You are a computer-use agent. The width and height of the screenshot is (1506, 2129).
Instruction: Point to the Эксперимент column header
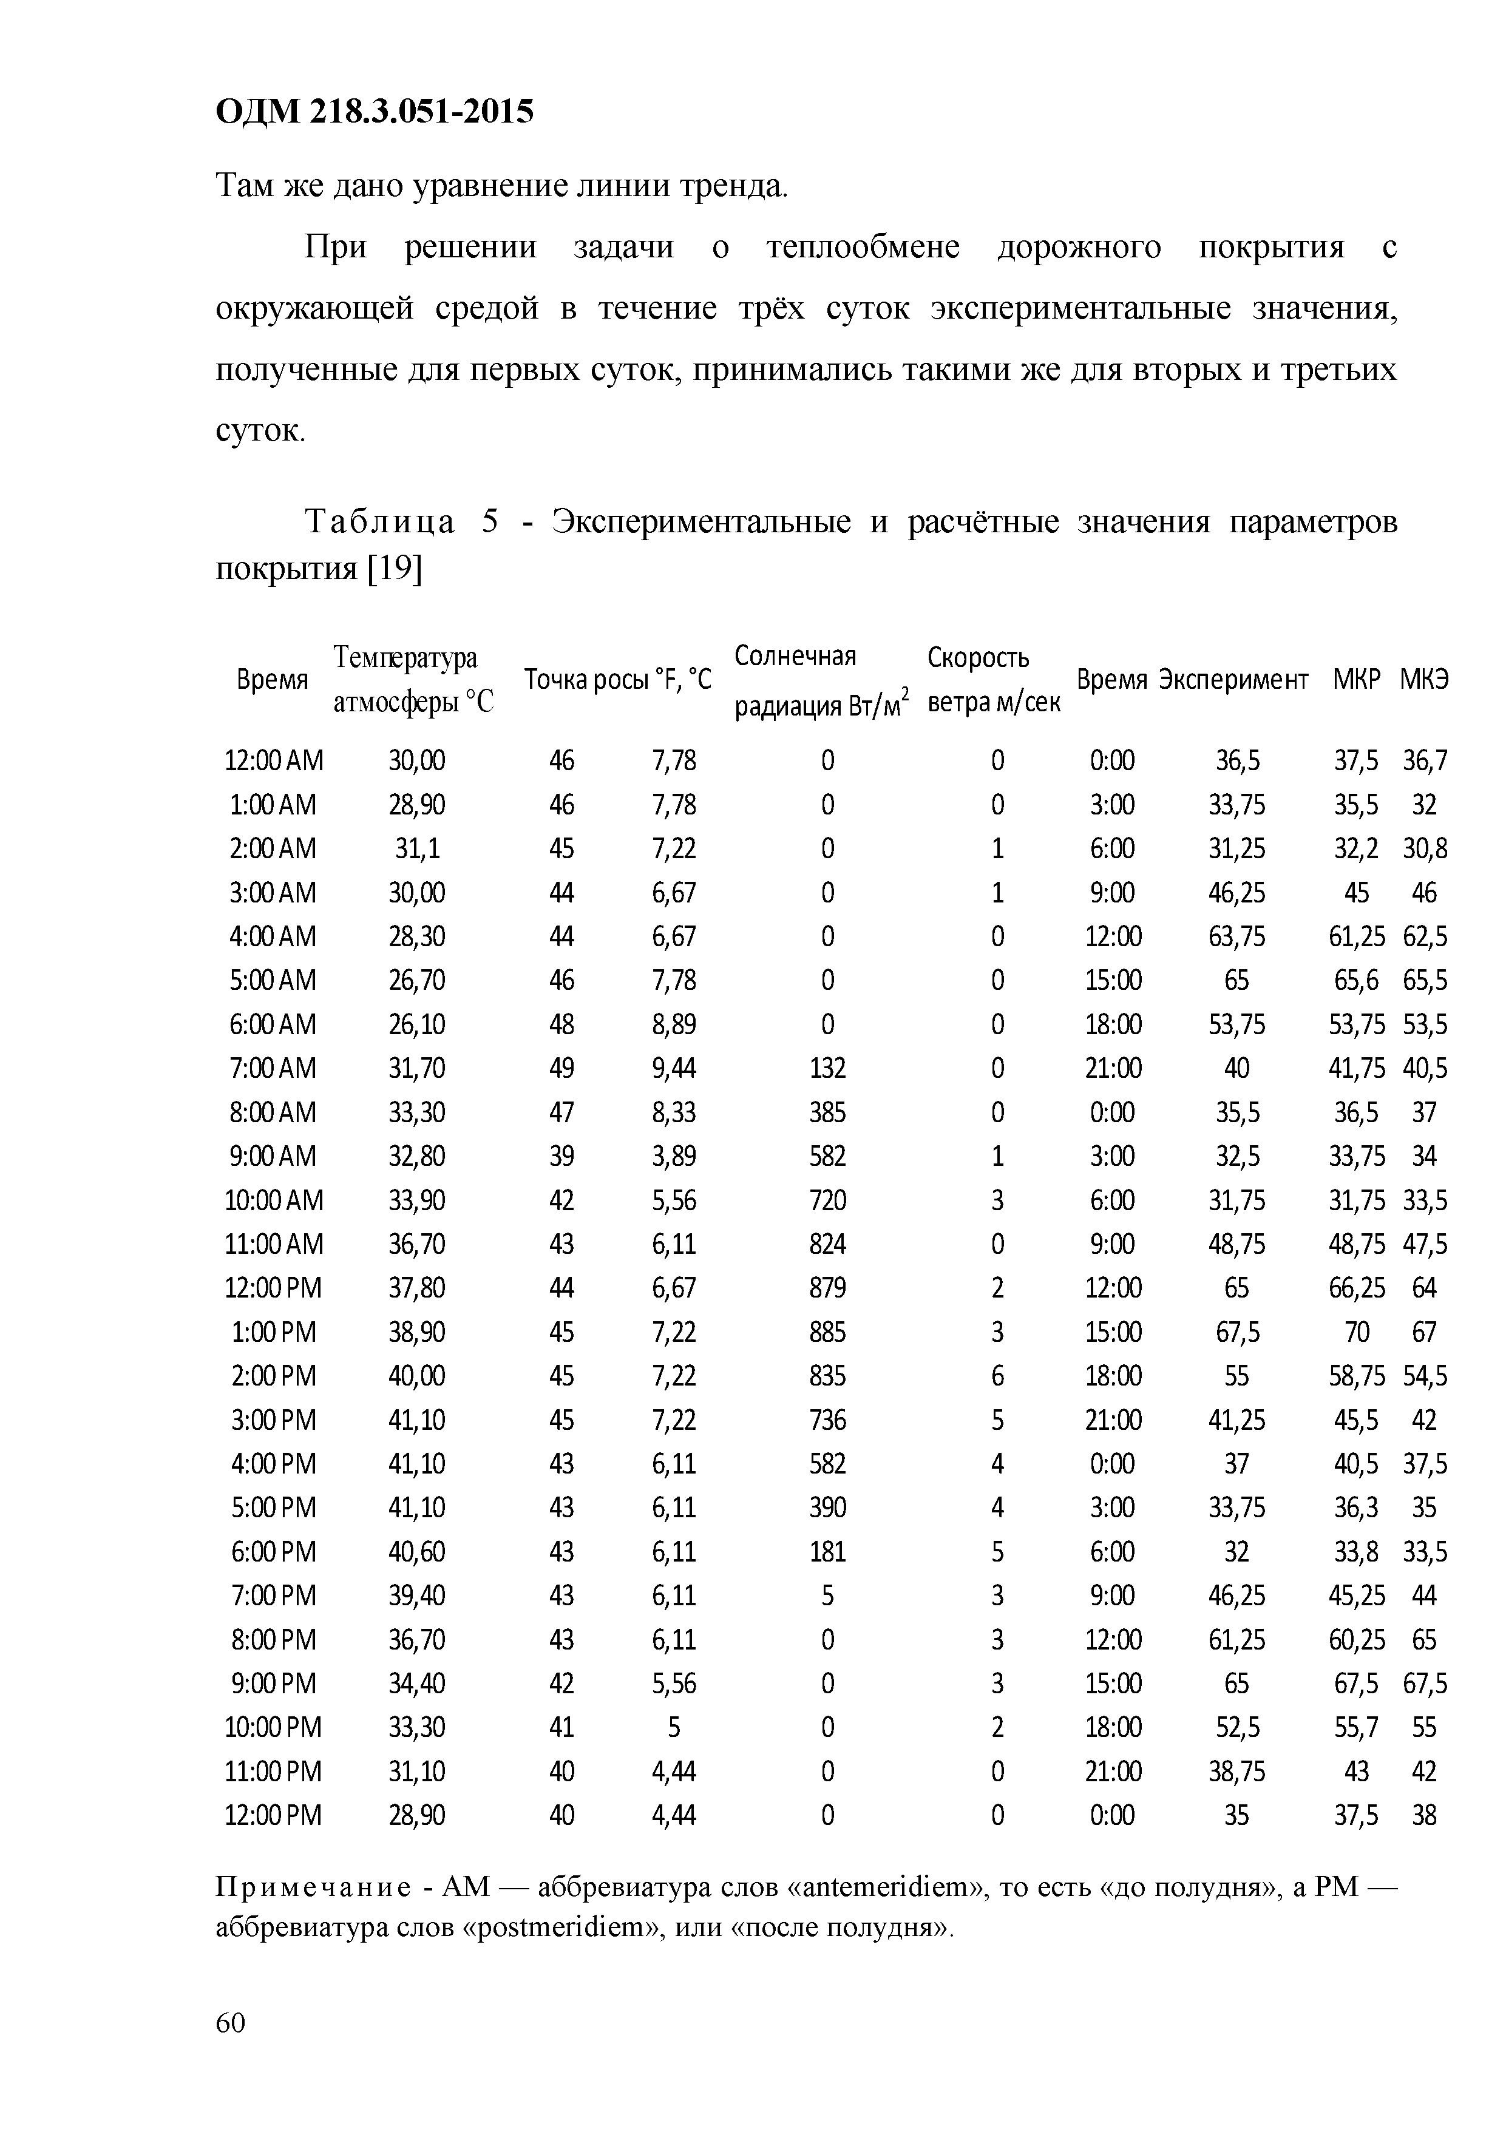(1234, 680)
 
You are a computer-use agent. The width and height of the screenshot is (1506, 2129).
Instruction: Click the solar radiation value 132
(827, 1068)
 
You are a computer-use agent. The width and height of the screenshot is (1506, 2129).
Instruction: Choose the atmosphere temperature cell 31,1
(416, 848)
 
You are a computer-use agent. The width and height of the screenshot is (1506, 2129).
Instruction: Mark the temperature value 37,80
(416, 1288)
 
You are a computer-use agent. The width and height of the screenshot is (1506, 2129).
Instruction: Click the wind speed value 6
(997, 1376)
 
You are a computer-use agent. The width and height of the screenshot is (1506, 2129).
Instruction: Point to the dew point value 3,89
(673, 1156)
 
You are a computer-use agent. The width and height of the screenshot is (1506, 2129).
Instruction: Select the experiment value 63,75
(1236, 936)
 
